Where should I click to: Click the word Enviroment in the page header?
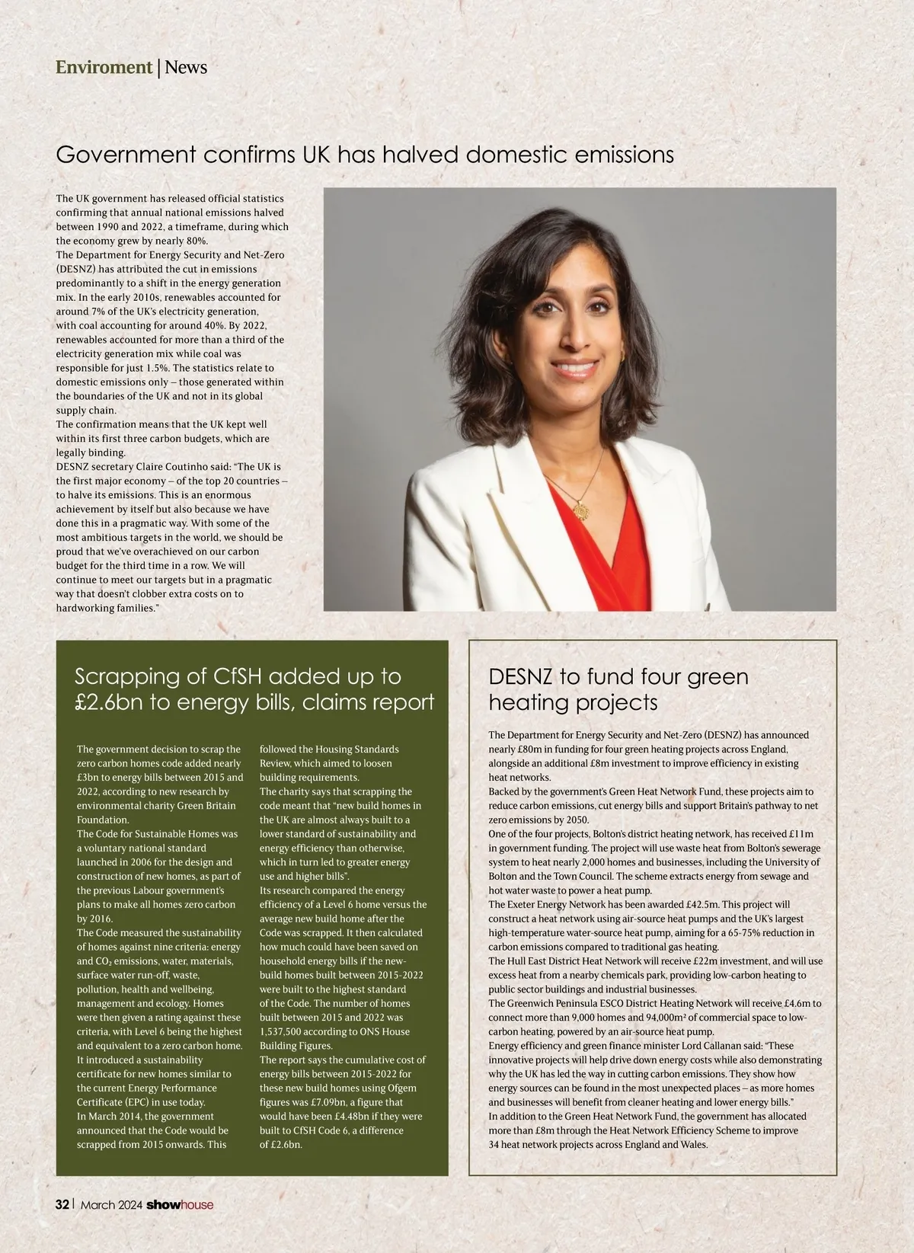[x=104, y=67]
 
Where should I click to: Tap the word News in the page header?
[x=186, y=67]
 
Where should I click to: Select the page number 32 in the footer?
[x=62, y=1204]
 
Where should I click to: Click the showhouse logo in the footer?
[x=180, y=1204]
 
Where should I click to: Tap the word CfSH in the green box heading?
[x=226, y=676]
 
